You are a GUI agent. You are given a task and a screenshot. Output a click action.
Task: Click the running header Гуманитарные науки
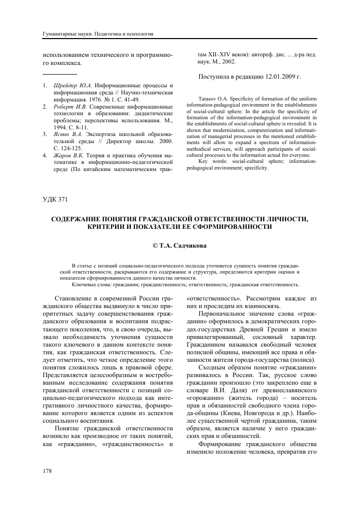(62, 34)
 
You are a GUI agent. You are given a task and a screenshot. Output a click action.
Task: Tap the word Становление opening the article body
(76, 298)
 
